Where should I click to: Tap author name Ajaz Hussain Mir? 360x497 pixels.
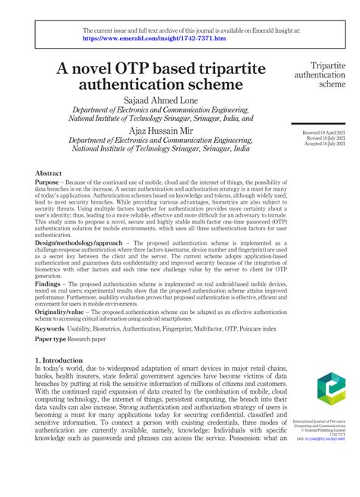[159, 130]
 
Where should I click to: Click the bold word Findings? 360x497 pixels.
[49, 283]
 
